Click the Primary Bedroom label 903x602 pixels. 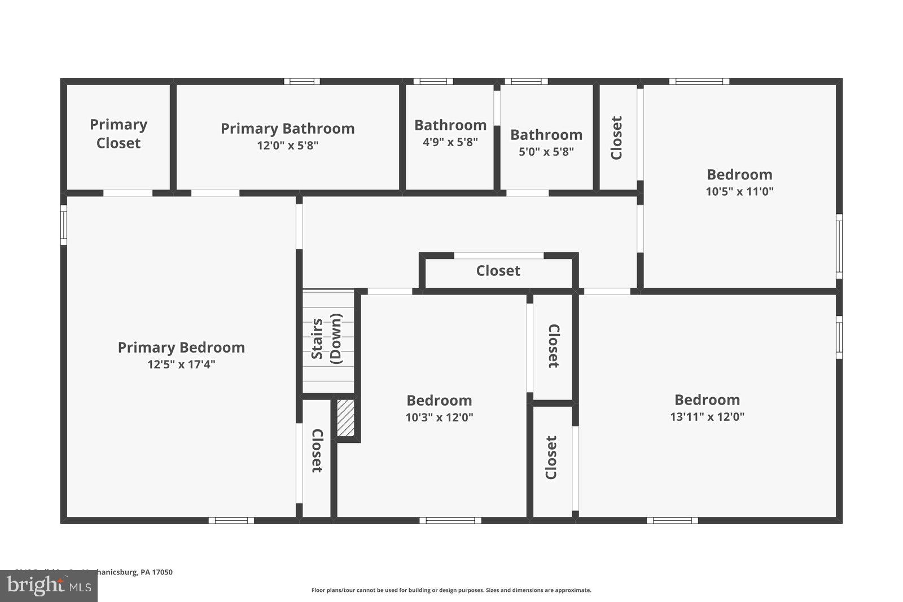(181, 348)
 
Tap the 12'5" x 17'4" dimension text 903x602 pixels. (181, 364)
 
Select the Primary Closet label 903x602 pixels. (119, 134)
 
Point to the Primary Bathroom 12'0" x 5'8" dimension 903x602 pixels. (288, 146)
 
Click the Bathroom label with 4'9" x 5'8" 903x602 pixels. (450, 125)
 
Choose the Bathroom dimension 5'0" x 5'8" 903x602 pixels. (546, 152)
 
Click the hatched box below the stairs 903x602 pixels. (346, 418)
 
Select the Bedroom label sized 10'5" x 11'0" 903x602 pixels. (739, 174)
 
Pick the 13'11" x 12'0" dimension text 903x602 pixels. (707, 417)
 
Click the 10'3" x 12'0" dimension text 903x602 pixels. (439, 418)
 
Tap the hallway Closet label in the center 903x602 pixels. (498, 271)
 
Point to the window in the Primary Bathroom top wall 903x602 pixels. (302, 81)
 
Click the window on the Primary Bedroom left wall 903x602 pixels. (64, 225)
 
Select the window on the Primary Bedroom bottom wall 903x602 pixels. (231, 520)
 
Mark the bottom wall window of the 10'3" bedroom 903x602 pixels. (450, 520)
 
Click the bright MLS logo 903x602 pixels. (49, 586)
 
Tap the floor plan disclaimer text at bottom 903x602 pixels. (451, 590)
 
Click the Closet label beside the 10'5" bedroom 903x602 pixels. (616, 138)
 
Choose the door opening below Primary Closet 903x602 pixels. (128, 193)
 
